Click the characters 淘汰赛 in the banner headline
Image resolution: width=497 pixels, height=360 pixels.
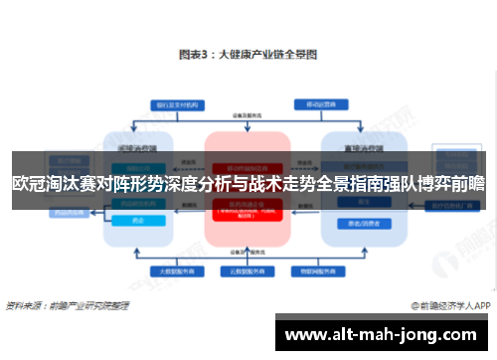point(72,182)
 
